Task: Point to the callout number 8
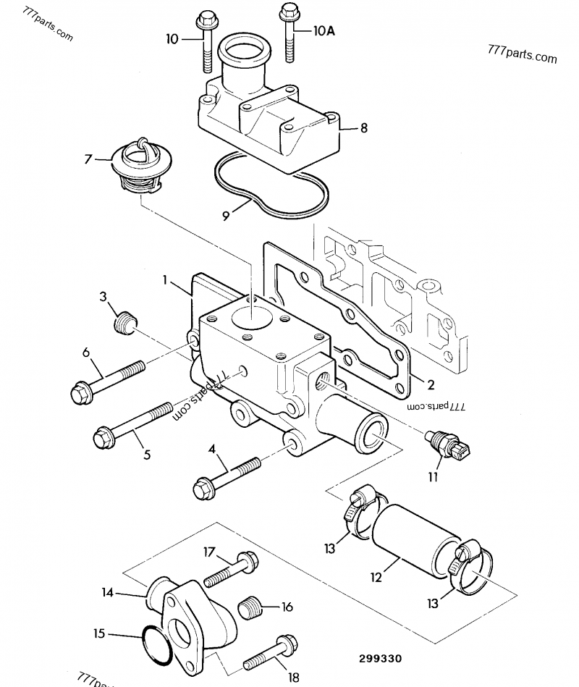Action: coord(364,128)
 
